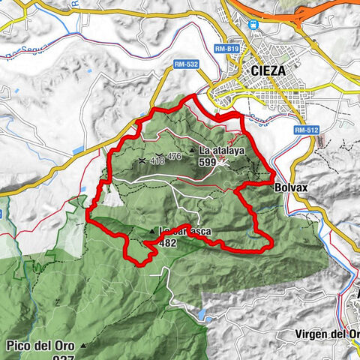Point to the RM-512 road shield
point(304,130)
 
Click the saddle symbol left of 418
point(142,160)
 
